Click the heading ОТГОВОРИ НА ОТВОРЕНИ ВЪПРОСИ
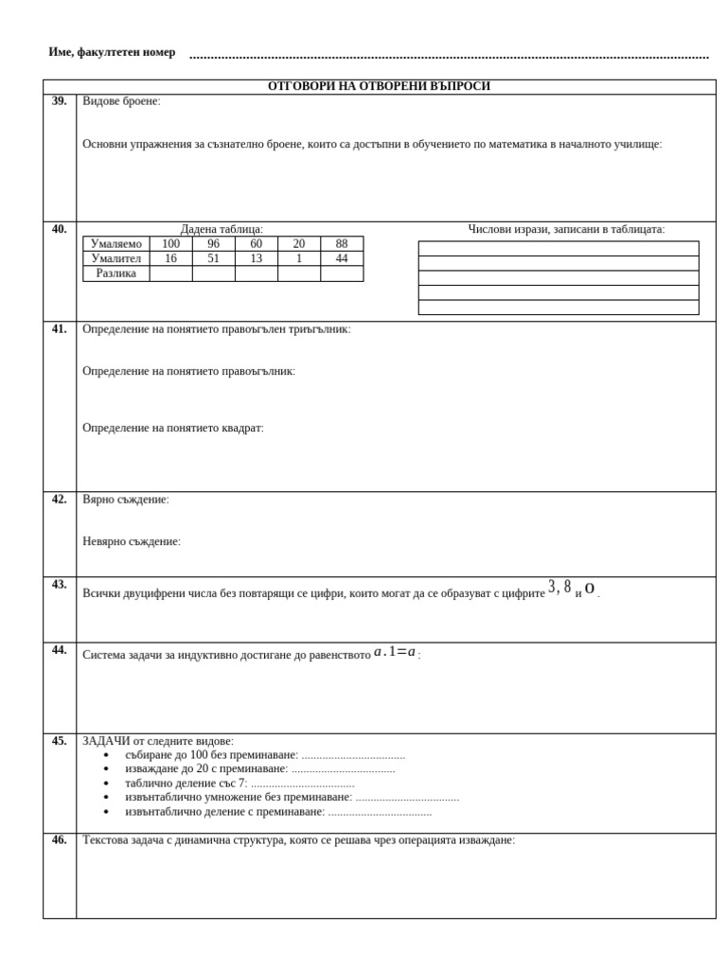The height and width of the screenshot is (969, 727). [x=379, y=86]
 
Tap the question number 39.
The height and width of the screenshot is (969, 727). [x=59, y=101]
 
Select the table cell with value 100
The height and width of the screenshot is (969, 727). [x=170, y=244]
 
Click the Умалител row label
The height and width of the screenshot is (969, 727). [x=115, y=258]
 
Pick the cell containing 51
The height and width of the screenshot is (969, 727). [x=213, y=258]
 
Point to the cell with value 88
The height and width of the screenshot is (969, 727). [x=341, y=244]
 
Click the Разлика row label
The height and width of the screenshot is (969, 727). [x=115, y=273]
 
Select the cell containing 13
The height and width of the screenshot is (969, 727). [x=256, y=258]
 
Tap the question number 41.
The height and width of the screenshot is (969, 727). [x=59, y=329]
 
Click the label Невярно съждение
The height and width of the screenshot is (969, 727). [x=131, y=541]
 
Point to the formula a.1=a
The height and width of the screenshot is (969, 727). [x=395, y=652]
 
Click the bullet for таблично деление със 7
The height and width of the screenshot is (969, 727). [x=106, y=784]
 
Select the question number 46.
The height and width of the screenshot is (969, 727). [x=59, y=840]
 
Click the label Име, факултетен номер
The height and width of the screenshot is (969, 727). [x=112, y=52]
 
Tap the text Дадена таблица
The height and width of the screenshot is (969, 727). [x=222, y=229]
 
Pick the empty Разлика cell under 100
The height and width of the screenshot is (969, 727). [x=170, y=273]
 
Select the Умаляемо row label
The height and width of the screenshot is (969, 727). [x=115, y=244]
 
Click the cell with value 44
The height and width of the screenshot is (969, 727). [x=341, y=258]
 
